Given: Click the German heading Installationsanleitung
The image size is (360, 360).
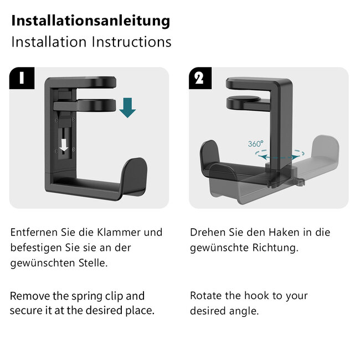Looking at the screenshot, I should coord(90,21).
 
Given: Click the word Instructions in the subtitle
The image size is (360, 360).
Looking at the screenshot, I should coord(131,42).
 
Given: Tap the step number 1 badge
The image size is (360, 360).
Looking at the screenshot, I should coord(21,78).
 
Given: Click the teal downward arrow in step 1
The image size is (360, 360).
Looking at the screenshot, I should coord(127,106).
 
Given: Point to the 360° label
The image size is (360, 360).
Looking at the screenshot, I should coord(256,143).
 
